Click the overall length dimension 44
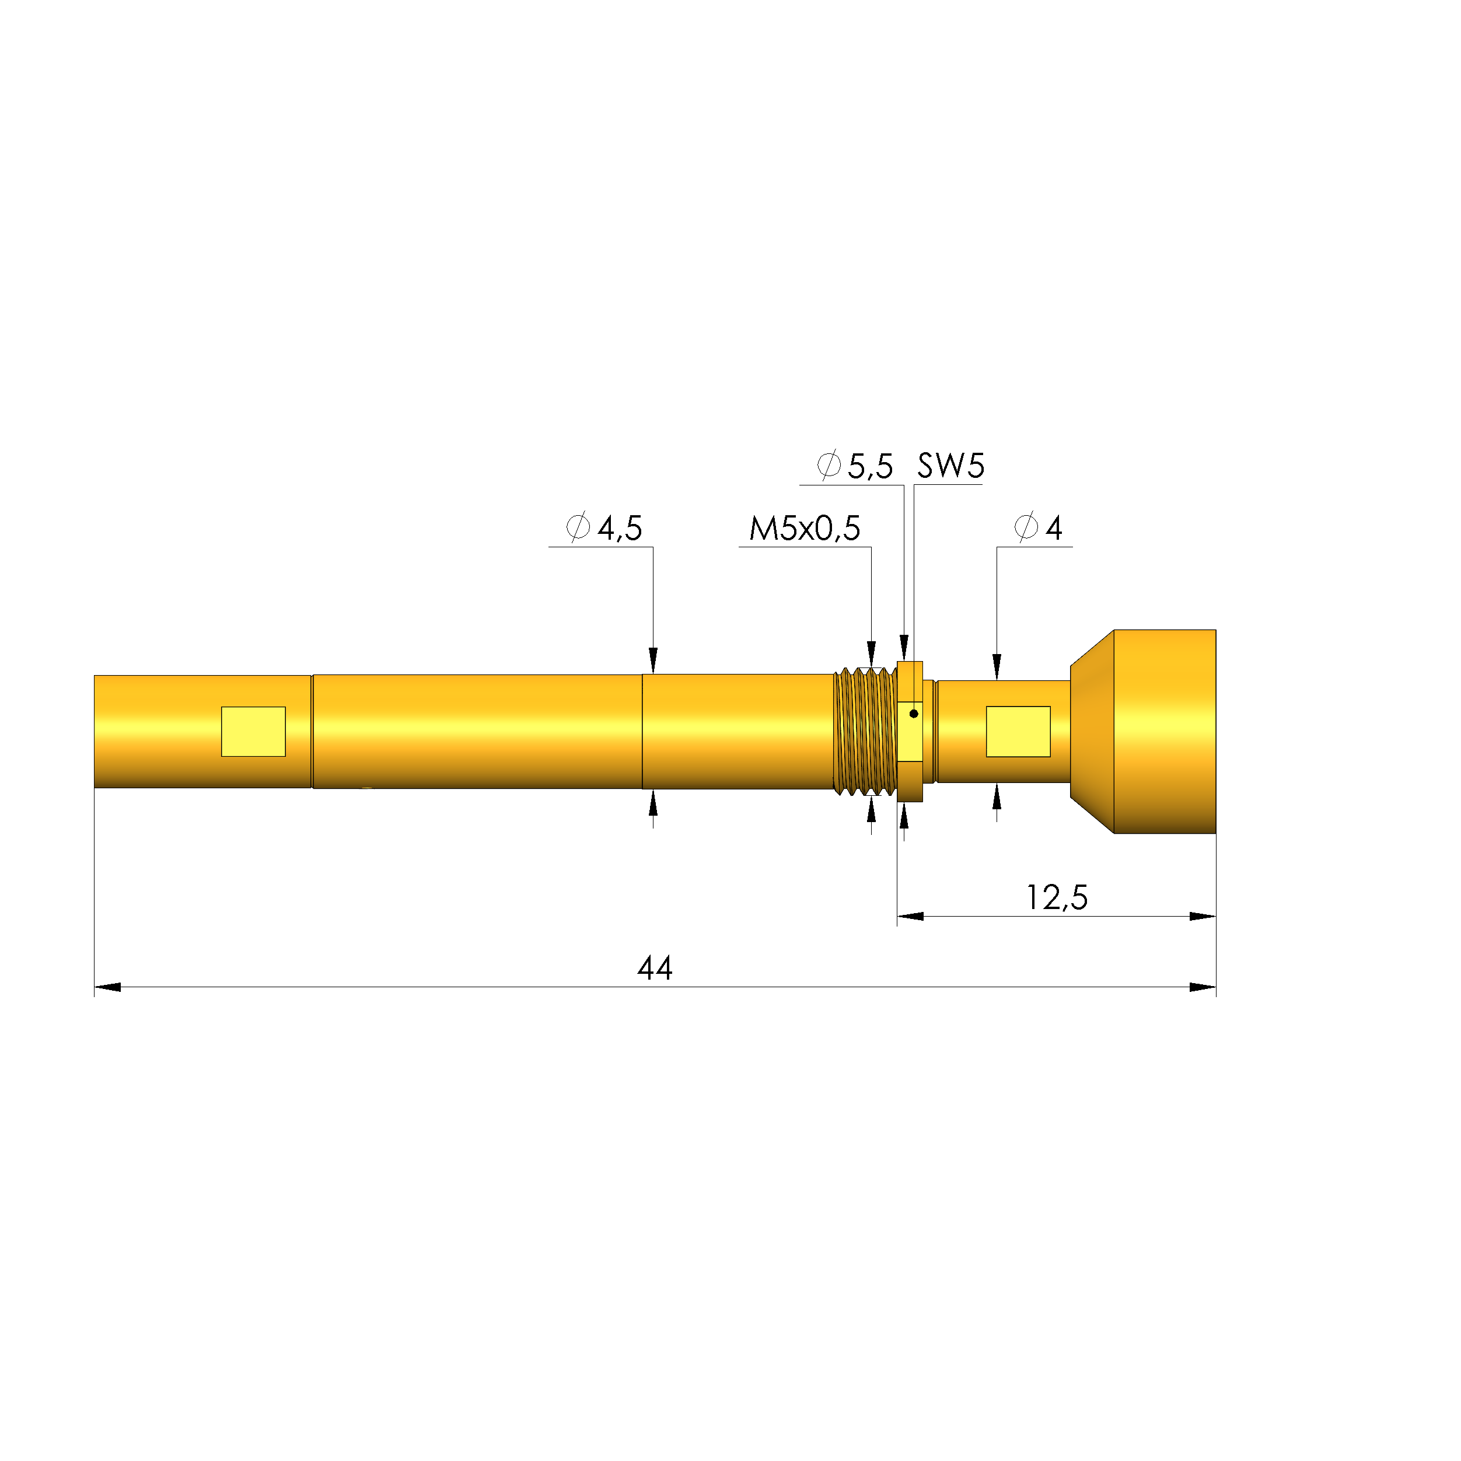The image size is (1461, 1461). (x=654, y=968)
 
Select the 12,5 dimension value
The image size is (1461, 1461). (x=1057, y=897)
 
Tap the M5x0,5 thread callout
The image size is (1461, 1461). (x=805, y=528)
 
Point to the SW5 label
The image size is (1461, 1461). (x=950, y=466)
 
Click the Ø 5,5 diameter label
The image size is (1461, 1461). (x=855, y=466)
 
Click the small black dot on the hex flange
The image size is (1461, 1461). (x=914, y=713)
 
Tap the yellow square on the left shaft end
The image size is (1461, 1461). (x=253, y=731)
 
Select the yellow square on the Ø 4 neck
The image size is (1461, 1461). (x=1018, y=731)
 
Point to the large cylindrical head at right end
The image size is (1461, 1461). (x=1165, y=731)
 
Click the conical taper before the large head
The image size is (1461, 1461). (x=1092, y=731)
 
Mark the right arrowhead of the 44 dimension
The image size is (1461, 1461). (x=1203, y=987)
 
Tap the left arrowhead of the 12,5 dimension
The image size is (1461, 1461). (x=910, y=917)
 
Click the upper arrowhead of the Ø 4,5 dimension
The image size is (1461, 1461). (x=653, y=660)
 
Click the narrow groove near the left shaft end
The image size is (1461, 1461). (x=312, y=731)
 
